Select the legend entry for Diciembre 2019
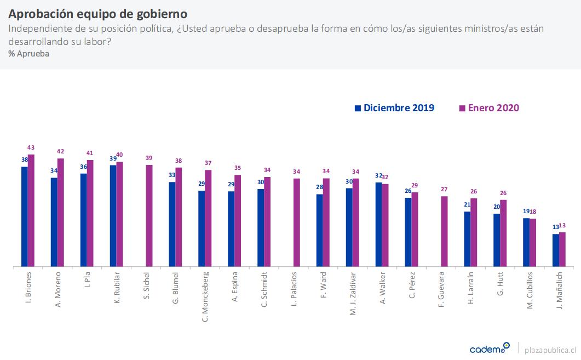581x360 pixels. [x=394, y=108]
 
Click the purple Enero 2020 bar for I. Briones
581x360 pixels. [x=31, y=210]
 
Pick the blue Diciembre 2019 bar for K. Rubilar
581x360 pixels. [x=113, y=216]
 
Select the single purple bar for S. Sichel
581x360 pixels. [x=149, y=216]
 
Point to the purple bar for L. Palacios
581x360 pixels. [x=296, y=222]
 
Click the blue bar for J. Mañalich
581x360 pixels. [x=555, y=250]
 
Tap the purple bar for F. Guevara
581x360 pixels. [x=444, y=231]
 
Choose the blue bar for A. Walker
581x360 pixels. [x=378, y=225]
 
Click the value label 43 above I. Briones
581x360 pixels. [x=31, y=147]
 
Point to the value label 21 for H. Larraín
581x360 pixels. [x=467, y=205]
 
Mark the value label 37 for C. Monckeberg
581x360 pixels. [x=208, y=163]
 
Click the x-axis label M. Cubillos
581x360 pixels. [x=530, y=290]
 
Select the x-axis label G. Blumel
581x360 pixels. [x=175, y=288]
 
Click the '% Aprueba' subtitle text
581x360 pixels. [x=29, y=54]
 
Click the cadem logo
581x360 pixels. [x=489, y=348]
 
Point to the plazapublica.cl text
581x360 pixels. [x=550, y=349]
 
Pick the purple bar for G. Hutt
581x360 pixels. [x=503, y=233]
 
